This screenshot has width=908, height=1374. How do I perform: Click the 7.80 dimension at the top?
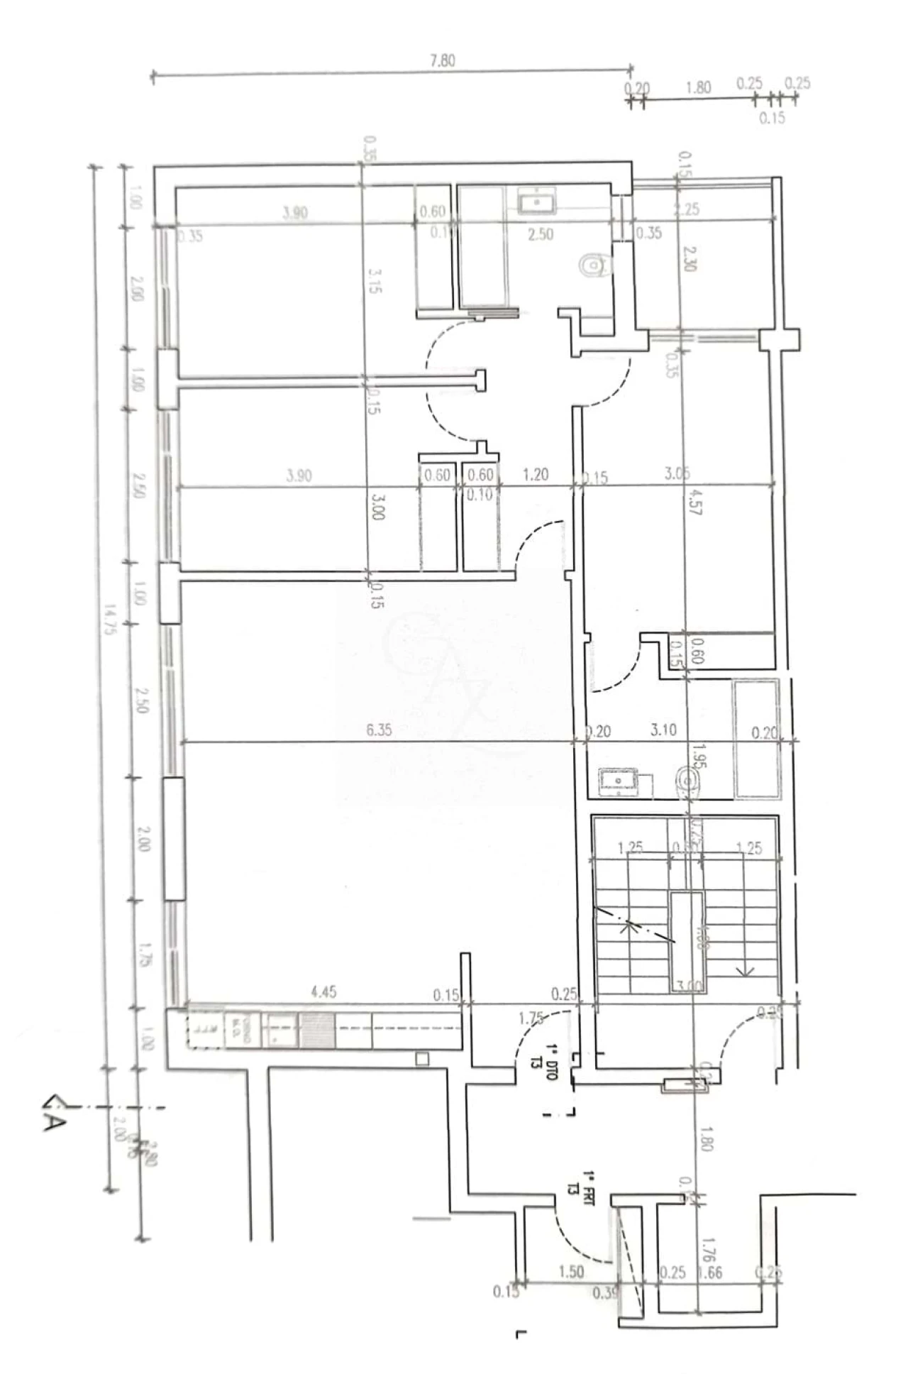pyautogui.click(x=442, y=61)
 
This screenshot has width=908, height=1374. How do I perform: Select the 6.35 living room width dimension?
pyautogui.click(x=379, y=730)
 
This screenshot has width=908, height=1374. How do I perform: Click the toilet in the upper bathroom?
pyautogui.click(x=593, y=265)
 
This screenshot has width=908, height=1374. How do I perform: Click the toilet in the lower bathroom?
pyautogui.click(x=687, y=782)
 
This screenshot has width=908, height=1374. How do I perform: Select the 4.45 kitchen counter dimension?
pyautogui.click(x=323, y=992)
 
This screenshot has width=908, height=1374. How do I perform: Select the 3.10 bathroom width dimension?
pyautogui.click(x=663, y=730)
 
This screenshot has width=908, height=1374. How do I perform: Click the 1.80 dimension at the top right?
pyautogui.click(x=698, y=88)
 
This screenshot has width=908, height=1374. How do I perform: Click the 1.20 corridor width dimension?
pyautogui.click(x=535, y=474)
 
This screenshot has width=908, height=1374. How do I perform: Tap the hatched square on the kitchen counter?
pyautogui.click(x=317, y=1030)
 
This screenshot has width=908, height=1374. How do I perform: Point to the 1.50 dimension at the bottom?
pyautogui.click(x=570, y=1271)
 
